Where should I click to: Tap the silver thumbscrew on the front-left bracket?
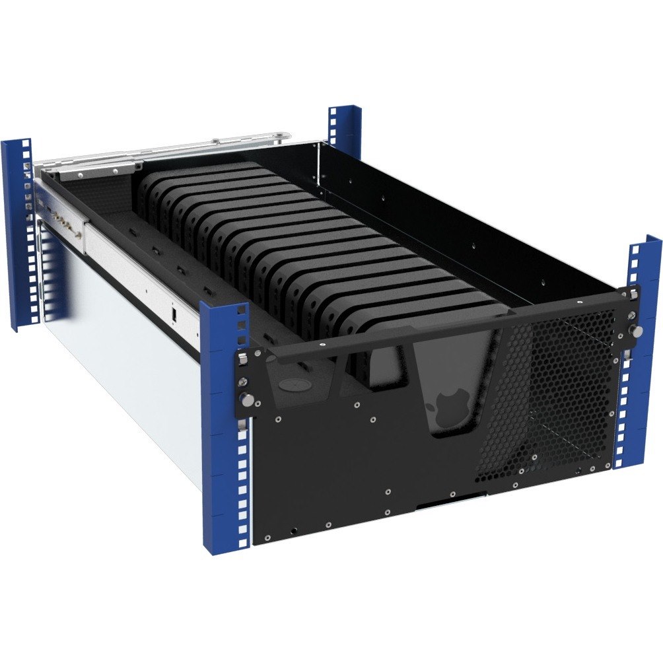click(246, 399)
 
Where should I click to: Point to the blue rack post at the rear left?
click(18, 231)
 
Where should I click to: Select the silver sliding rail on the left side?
click(132, 277)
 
